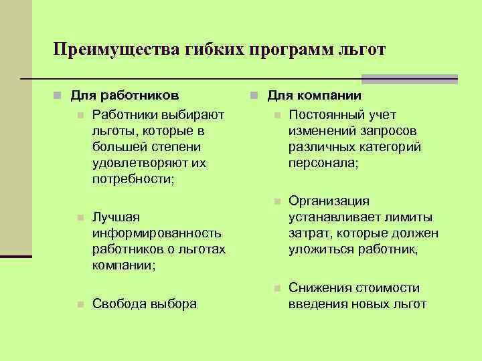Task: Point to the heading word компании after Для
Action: (331, 96)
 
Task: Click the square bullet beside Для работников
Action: (59, 97)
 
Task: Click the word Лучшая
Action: (116, 218)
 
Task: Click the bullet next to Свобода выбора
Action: (80, 304)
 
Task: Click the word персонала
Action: (322, 162)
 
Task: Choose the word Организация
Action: (329, 201)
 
